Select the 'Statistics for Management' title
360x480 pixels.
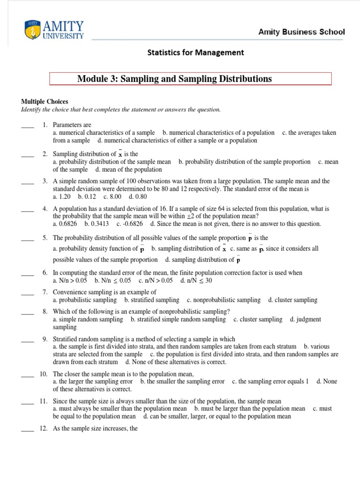(x=195, y=52)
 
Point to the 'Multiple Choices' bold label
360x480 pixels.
(x=45, y=101)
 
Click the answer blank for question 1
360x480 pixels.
(x=28, y=126)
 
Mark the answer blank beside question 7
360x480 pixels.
(x=28, y=293)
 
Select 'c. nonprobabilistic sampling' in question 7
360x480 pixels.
(x=223, y=300)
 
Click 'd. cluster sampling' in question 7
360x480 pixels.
(x=292, y=300)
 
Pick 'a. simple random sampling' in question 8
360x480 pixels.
(x=88, y=319)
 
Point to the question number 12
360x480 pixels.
(x=44, y=428)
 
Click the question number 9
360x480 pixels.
(x=45, y=339)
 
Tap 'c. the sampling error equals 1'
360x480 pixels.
(x=270, y=382)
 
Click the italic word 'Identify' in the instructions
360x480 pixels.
(x=31, y=110)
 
